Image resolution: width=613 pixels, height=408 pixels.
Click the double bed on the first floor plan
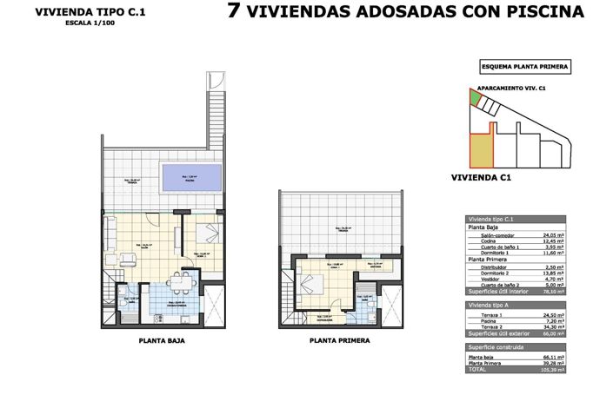(311, 285)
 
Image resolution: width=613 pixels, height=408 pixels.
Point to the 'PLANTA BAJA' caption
(162, 341)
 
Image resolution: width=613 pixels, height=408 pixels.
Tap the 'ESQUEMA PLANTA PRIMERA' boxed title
(524, 66)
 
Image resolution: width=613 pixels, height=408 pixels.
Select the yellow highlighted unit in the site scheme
(479, 151)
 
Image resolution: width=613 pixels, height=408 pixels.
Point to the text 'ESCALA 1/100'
(66, 23)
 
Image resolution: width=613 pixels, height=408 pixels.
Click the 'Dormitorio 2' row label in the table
(488, 273)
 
